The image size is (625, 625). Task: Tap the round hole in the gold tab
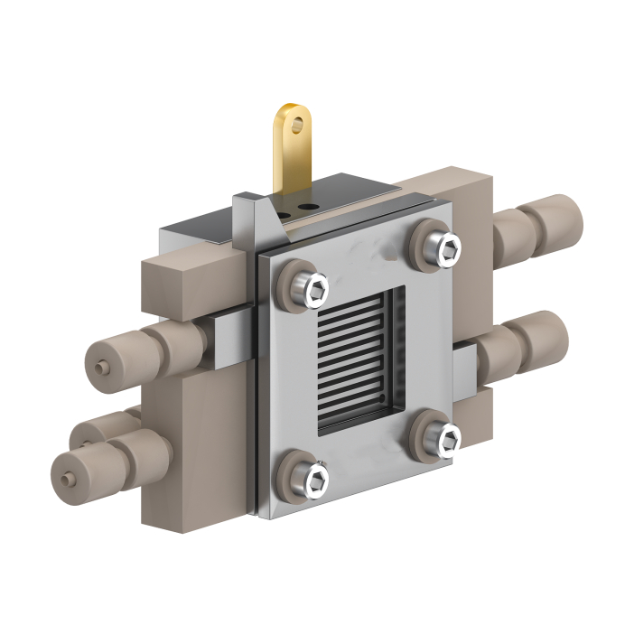pyautogui.click(x=297, y=126)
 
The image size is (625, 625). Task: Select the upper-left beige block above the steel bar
pyautogui.click(x=185, y=280)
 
